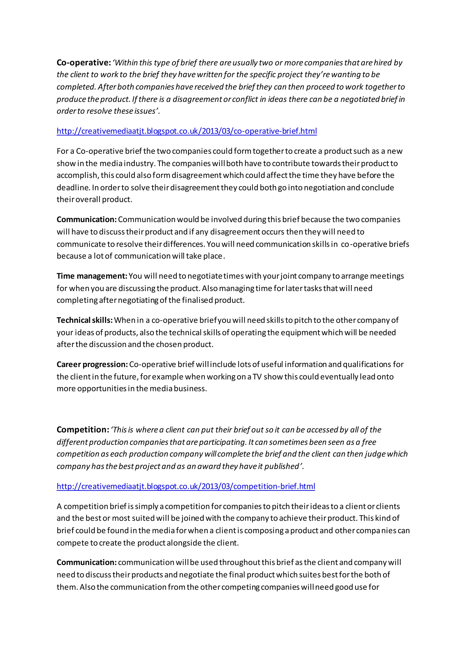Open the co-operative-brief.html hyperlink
tap(187, 131)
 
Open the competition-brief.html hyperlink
tap(186, 486)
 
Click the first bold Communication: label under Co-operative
tap(86, 219)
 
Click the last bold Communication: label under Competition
tap(86, 562)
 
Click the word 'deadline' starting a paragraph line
tap(73, 187)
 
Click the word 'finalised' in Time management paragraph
tap(197, 300)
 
